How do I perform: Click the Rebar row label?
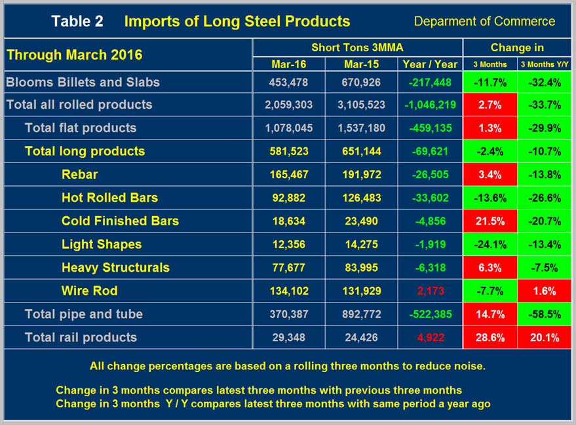pos(79,174)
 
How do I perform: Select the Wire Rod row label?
pos(89,291)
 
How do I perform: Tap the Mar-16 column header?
pos(288,64)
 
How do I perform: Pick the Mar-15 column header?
pos(360,64)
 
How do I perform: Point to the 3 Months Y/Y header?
pos(544,64)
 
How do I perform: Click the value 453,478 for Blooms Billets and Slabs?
pos(288,83)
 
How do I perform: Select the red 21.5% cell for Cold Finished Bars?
pos(490,221)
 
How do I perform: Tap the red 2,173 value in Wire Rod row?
pos(431,291)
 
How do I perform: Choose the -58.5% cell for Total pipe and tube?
pos(544,314)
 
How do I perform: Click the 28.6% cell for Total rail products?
pos(490,337)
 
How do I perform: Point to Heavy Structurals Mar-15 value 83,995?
pos(360,267)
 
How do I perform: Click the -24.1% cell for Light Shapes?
pos(490,244)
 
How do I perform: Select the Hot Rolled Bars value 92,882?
pos(288,198)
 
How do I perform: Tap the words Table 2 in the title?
pos(77,21)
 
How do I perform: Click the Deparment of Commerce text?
pos(484,21)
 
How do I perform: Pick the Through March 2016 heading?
pos(74,54)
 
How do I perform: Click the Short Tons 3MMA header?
pos(357,47)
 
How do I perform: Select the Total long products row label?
pos(85,151)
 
